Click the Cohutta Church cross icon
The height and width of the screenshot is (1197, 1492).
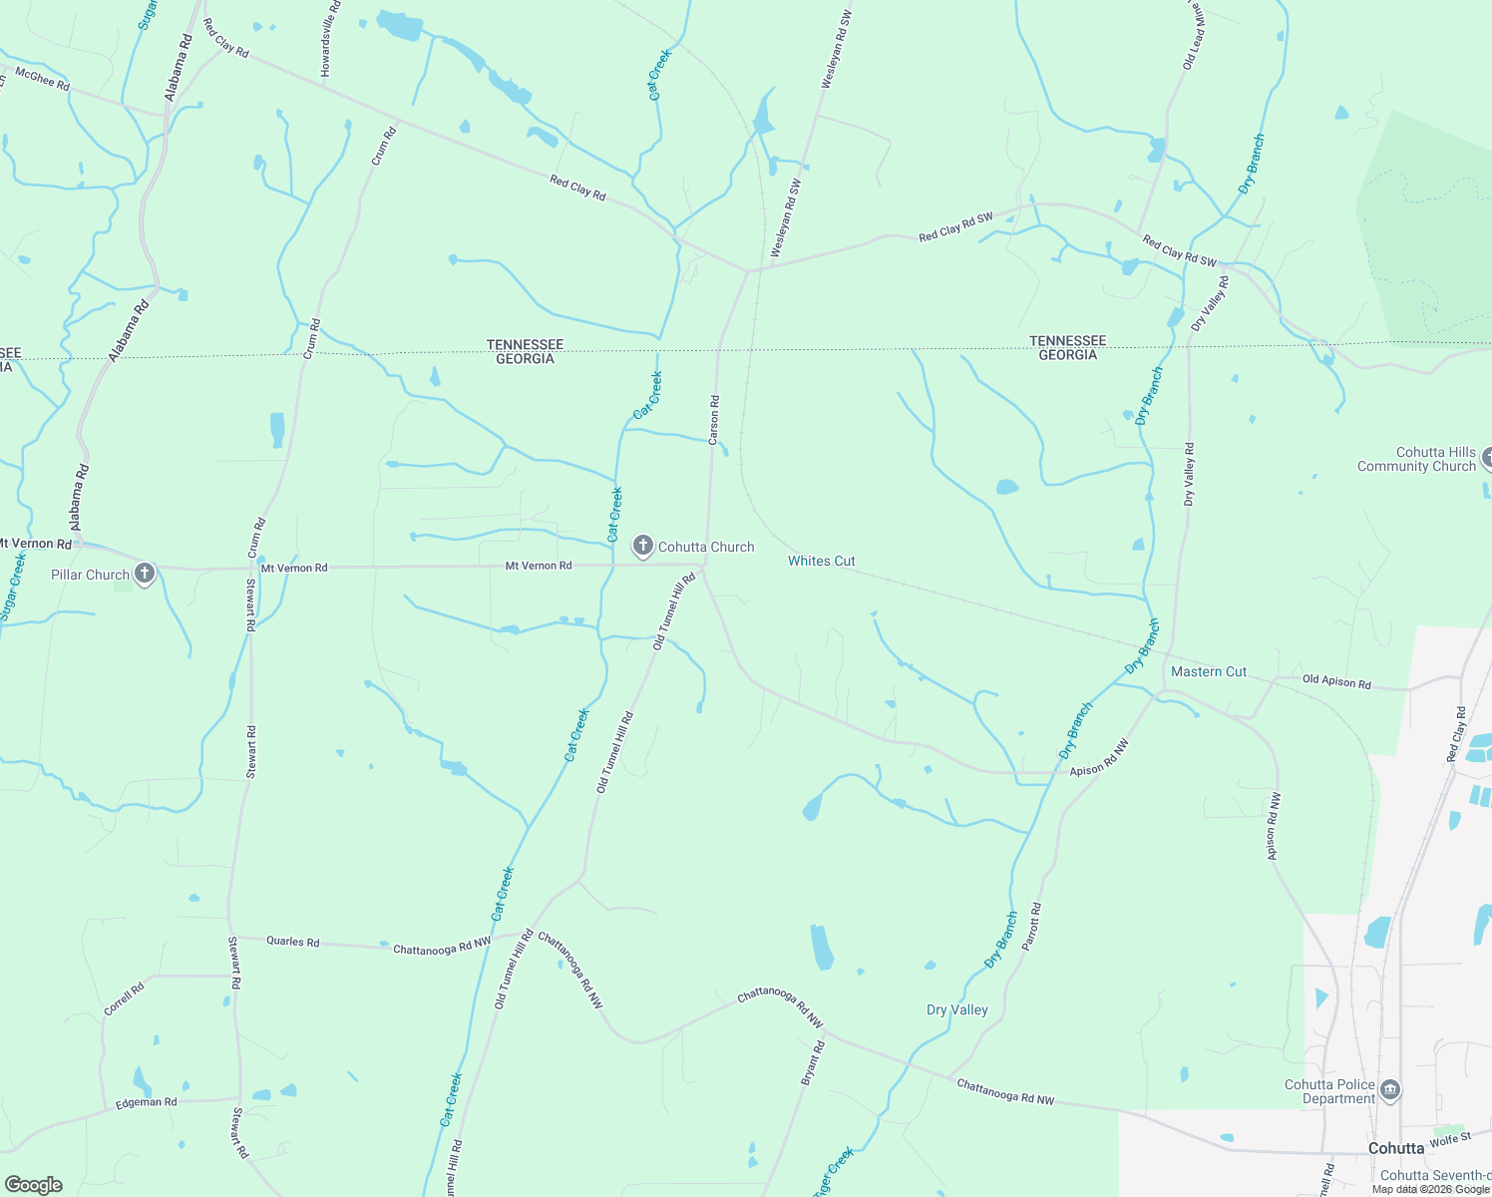(643, 546)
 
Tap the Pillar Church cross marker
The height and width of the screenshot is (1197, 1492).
(145, 574)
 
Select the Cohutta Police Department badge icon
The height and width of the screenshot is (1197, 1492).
(1391, 1090)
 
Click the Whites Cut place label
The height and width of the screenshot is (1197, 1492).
(821, 561)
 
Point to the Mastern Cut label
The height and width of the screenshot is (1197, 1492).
(1208, 671)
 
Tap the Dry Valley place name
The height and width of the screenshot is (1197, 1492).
(956, 1009)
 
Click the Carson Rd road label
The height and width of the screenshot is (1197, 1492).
(714, 420)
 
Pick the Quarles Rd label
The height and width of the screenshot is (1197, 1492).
(292, 941)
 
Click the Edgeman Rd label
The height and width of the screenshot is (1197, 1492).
(146, 1102)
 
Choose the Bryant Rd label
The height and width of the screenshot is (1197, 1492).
(813, 1062)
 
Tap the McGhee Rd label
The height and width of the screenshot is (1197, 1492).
(43, 79)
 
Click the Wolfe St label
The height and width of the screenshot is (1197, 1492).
(1450, 1139)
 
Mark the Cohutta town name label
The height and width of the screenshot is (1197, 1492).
(1395, 1148)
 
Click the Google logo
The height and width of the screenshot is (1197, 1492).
(34, 1184)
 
